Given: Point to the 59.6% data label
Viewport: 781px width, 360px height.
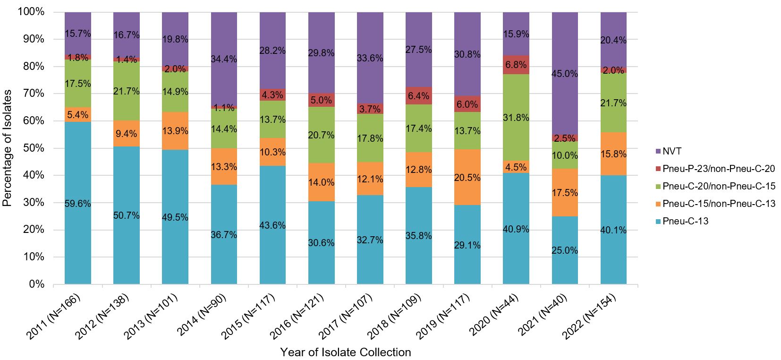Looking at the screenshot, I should (x=78, y=204).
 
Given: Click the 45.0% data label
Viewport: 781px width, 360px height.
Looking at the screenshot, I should (x=565, y=74).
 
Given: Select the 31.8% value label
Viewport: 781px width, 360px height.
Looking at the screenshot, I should (x=516, y=118).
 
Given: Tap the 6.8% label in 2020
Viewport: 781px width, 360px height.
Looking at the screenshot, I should (x=516, y=65).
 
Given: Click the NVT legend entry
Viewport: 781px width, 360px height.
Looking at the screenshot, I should (x=672, y=151).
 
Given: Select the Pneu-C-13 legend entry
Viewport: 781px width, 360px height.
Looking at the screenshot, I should (x=685, y=221).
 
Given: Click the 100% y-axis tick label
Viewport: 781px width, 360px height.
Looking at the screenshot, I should (x=31, y=12).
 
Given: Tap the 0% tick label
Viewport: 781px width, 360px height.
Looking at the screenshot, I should (x=36, y=284).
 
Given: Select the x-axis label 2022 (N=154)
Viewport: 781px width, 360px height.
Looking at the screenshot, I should (x=590, y=317).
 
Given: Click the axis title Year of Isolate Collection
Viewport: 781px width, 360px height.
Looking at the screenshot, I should (x=345, y=352).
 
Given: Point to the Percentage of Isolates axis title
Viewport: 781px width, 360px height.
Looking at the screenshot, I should (x=7, y=148).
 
